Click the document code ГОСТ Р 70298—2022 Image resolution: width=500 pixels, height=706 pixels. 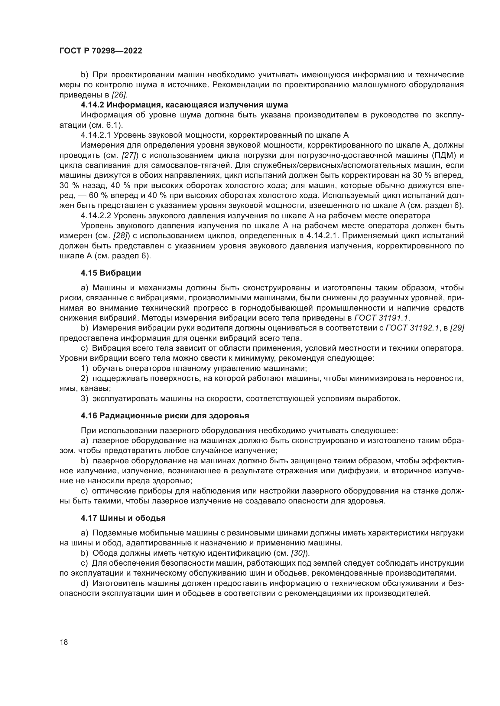point(101,51)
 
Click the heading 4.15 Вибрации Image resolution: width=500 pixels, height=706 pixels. point(111,273)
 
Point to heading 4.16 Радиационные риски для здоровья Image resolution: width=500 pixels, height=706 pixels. point(165,416)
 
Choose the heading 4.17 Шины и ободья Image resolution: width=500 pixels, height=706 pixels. point(123,518)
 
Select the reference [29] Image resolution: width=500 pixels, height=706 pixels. point(457,328)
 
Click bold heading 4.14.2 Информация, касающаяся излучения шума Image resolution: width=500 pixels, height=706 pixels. point(184,105)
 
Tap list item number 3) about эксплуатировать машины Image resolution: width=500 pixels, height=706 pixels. point(84,399)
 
